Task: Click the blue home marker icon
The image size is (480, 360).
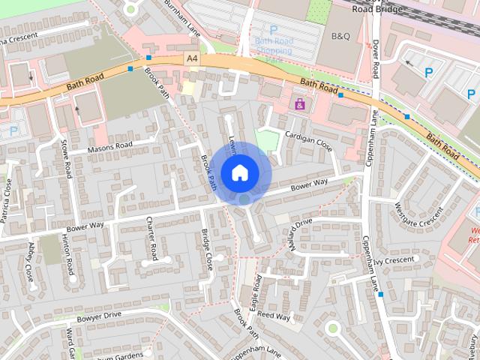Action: click(x=239, y=172)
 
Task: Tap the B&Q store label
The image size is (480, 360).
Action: click(x=340, y=36)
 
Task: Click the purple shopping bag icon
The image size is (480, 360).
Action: click(x=300, y=104)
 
